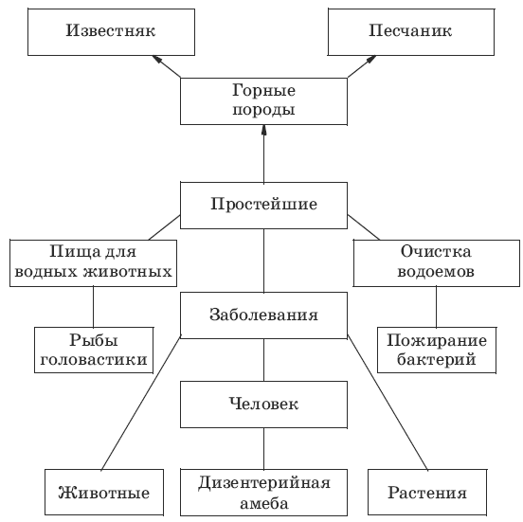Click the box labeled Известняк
(111, 32)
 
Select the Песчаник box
(411, 32)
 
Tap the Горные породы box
(263, 101)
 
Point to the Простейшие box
(263, 206)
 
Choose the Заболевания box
(263, 315)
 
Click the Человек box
(263, 405)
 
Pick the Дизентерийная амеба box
(263, 493)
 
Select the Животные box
(104, 493)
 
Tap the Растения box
(427, 493)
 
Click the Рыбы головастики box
(94, 350)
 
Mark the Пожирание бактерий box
(437, 350)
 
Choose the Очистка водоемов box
(437, 263)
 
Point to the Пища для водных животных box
(94, 263)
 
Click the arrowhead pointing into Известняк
(157, 60)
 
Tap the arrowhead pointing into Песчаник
(370, 60)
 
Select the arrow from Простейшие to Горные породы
(263, 153)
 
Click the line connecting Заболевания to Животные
(141, 404)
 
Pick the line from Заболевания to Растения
(388, 403)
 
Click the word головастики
(94, 360)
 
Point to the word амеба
(263, 503)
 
